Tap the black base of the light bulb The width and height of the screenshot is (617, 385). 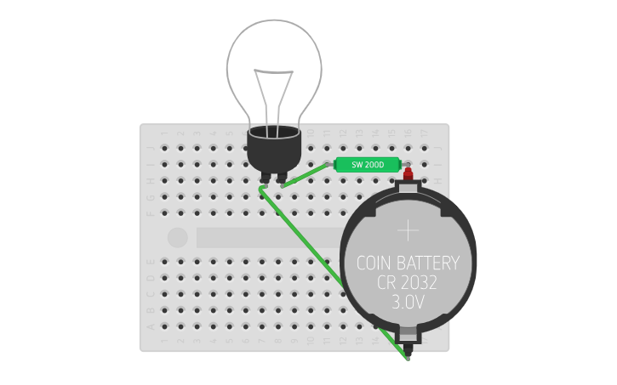pyautogui.click(x=274, y=149)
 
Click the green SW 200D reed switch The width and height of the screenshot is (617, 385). pyautogui.click(x=368, y=165)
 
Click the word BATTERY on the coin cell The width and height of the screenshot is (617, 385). pyautogui.click(x=431, y=263)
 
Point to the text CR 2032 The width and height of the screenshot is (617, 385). pyautogui.click(x=408, y=282)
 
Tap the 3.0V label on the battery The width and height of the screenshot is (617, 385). pyautogui.click(x=408, y=302)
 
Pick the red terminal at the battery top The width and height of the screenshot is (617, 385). pyautogui.click(x=408, y=174)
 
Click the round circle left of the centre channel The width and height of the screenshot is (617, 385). pyautogui.click(x=177, y=237)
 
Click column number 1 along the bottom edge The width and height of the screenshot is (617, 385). pyautogui.click(x=164, y=341)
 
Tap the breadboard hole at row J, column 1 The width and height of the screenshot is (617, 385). pyautogui.click(x=164, y=149)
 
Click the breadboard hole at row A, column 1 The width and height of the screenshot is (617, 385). pyautogui.click(x=164, y=326)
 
